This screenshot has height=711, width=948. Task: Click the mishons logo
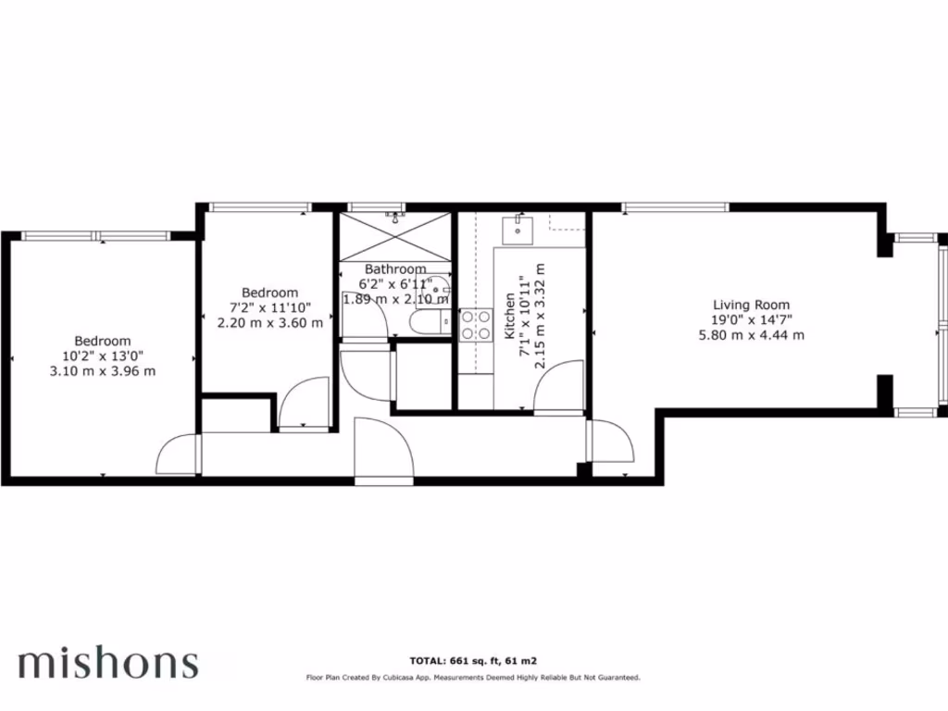coord(107,663)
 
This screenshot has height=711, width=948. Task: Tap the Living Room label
coord(751,305)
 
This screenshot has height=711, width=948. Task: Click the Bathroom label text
coord(395,269)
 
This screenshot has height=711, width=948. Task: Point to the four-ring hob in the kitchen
coord(477,323)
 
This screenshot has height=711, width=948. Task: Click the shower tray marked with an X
coord(397,237)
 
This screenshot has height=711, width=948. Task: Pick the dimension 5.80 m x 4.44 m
coord(751,335)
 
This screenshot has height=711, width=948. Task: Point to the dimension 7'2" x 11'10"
coord(270,307)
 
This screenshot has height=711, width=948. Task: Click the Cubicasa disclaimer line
coord(474,678)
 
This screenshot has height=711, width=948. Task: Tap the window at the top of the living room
coord(675,206)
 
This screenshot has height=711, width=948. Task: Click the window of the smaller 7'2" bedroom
coord(258,206)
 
